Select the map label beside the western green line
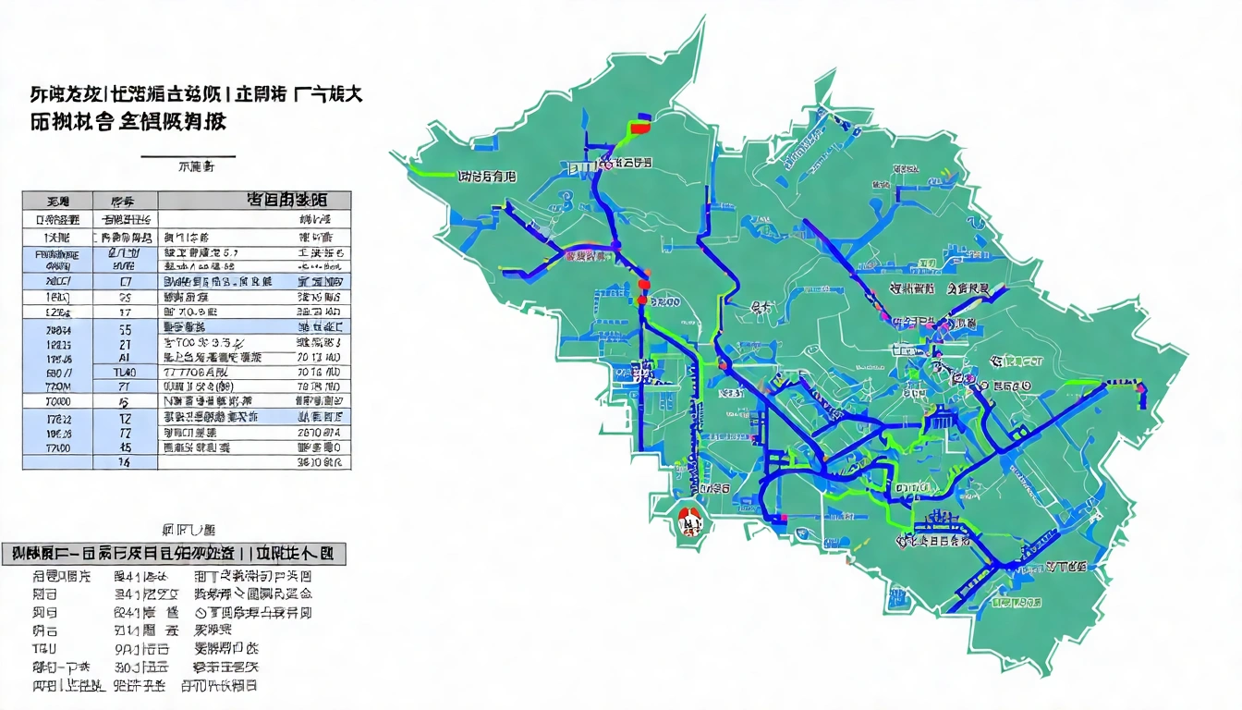pyautogui.click(x=487, y=175)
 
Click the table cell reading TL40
pyautogui.click(x=124, y=372)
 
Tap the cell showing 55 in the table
pyautogui.click(x=124, y=327)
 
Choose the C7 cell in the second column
pyautogui.click(x=124, y=281)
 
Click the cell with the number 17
pyautogui.click(x=124, y=312)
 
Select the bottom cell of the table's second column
pyautogui.click(x=124, y=461)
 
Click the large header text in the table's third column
pyautogui.click(x=286, y=199)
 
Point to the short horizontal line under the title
pyautogui.click(x=188, y=157)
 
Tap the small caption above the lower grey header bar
pyautogui.click(x=189, y=531)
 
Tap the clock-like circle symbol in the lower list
pyautogui.click(x=200, y=613)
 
